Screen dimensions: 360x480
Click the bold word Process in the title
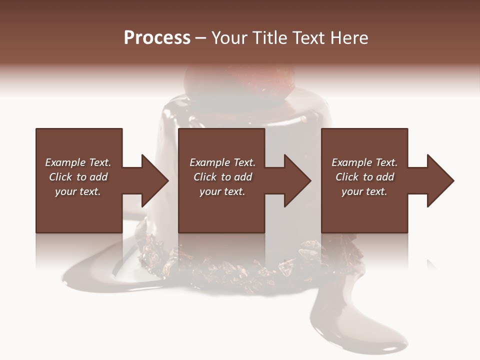tap(157, 38)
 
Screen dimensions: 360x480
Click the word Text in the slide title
tap(306, 38)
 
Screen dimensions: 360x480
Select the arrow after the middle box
tap(292, 180)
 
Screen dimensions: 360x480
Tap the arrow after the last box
tap(435, 180)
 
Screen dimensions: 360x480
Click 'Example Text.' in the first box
tap(78, 162)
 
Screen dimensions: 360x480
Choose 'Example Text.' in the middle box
tap(222, 162)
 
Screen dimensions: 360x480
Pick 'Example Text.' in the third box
tap(364, 162)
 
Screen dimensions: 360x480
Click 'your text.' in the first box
tap(78, 191)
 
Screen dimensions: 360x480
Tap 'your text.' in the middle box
tap(222, 191)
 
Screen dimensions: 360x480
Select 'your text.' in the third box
tap(364, 191)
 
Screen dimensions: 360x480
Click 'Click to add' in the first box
tap(78, 177)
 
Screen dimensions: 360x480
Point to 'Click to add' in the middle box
tap(222, 177)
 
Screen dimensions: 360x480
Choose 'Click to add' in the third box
tap(364, 177)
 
